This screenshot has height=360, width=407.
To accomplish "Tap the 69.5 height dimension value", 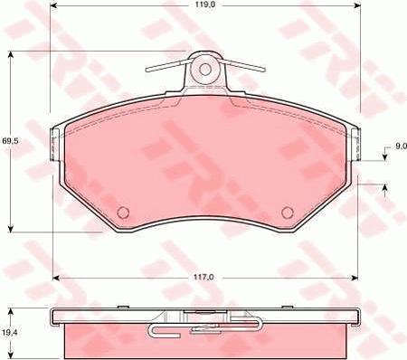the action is coord(10,140).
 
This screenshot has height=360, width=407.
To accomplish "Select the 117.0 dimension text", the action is coord(205,277).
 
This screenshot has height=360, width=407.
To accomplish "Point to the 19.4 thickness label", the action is coord(10,333).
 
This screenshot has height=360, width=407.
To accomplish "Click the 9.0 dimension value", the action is coord(401,147).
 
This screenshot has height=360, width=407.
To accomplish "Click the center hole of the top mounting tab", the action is coord(205,70).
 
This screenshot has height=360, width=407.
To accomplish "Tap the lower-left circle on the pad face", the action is coord(123,213).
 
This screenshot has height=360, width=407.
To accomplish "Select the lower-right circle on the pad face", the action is coord(288,213).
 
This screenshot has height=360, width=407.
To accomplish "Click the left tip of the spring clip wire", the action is coord(147,70).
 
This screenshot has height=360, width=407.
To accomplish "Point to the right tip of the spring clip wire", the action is coord(264,69).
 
